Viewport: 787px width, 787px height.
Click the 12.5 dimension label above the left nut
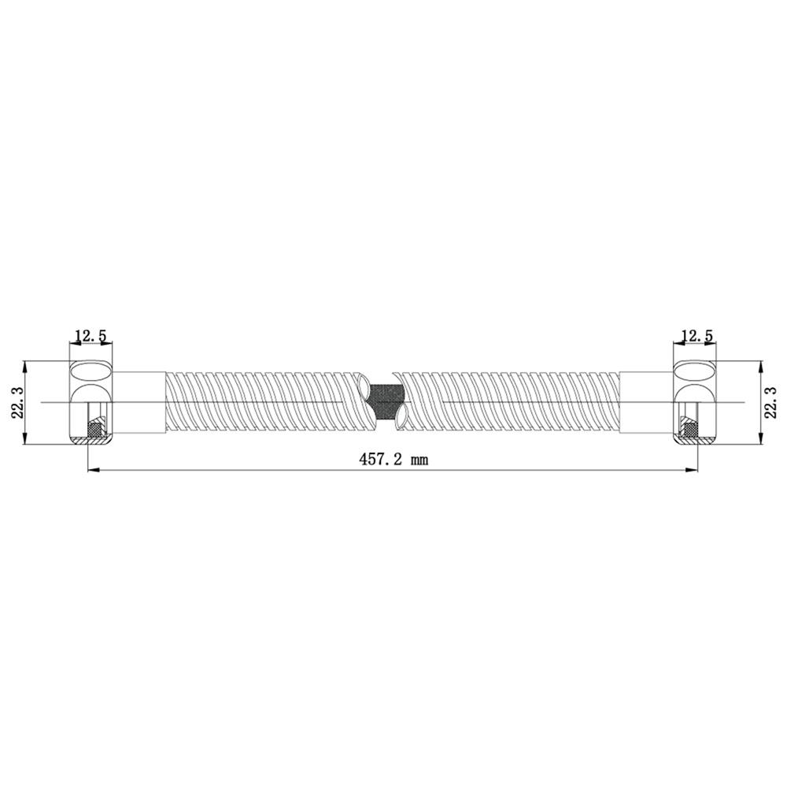tap(91, 335)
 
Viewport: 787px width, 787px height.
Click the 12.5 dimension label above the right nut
tap(696, 335)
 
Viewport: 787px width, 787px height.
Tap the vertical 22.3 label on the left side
tap(18, 402)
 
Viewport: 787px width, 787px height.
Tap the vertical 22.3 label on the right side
tap(770, 401)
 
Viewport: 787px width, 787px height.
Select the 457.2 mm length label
tap(393, 459)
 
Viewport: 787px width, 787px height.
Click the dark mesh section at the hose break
tap(386, 402)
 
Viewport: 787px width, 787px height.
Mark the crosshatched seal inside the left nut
tap(94, 429)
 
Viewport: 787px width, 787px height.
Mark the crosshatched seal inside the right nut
tap(691, 429)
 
